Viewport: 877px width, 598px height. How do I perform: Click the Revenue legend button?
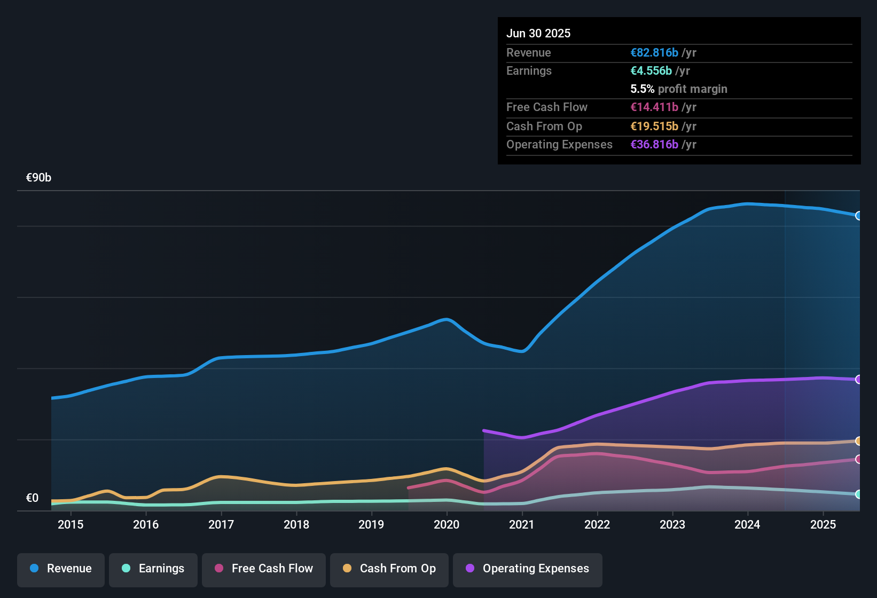tap(61, 569)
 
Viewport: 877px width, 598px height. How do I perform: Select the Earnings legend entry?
tap(153, 569)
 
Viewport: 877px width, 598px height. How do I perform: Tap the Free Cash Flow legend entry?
tap(263, 569)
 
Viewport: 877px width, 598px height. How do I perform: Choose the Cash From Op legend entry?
tap(389, 569)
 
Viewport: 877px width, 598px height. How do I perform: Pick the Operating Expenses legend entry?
tap(527, 569)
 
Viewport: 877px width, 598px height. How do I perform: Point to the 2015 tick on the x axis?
tap(71, 524)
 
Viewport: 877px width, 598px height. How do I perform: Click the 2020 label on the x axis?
tap(447, 524)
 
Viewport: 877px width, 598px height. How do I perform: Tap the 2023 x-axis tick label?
tap(672, 524)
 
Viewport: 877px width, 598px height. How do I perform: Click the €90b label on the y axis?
tap(38, 178)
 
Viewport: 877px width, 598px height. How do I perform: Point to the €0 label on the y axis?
tap(32, 498)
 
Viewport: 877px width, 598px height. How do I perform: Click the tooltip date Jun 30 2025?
tap(538, 34)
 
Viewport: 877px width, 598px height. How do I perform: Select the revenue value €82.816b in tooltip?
tap(654, 53)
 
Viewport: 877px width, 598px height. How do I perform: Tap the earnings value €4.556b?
tap(651, 71)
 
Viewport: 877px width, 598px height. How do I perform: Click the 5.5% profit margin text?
tap(679, 89)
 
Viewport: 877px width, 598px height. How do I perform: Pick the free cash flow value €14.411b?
tap(654, 107)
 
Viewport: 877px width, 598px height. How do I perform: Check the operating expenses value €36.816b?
tap(654, 145)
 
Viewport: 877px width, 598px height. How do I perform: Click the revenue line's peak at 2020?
tap(447, 319)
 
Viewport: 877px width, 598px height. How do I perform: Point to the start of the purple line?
tap(484, 430)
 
